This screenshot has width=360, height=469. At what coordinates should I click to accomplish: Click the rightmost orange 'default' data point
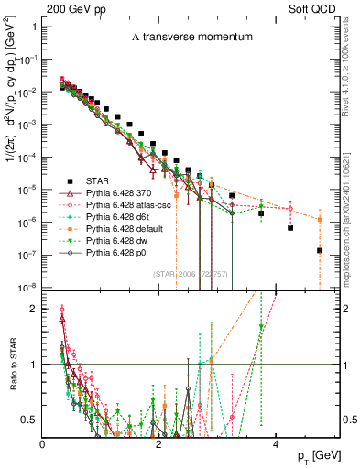(320, 220)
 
